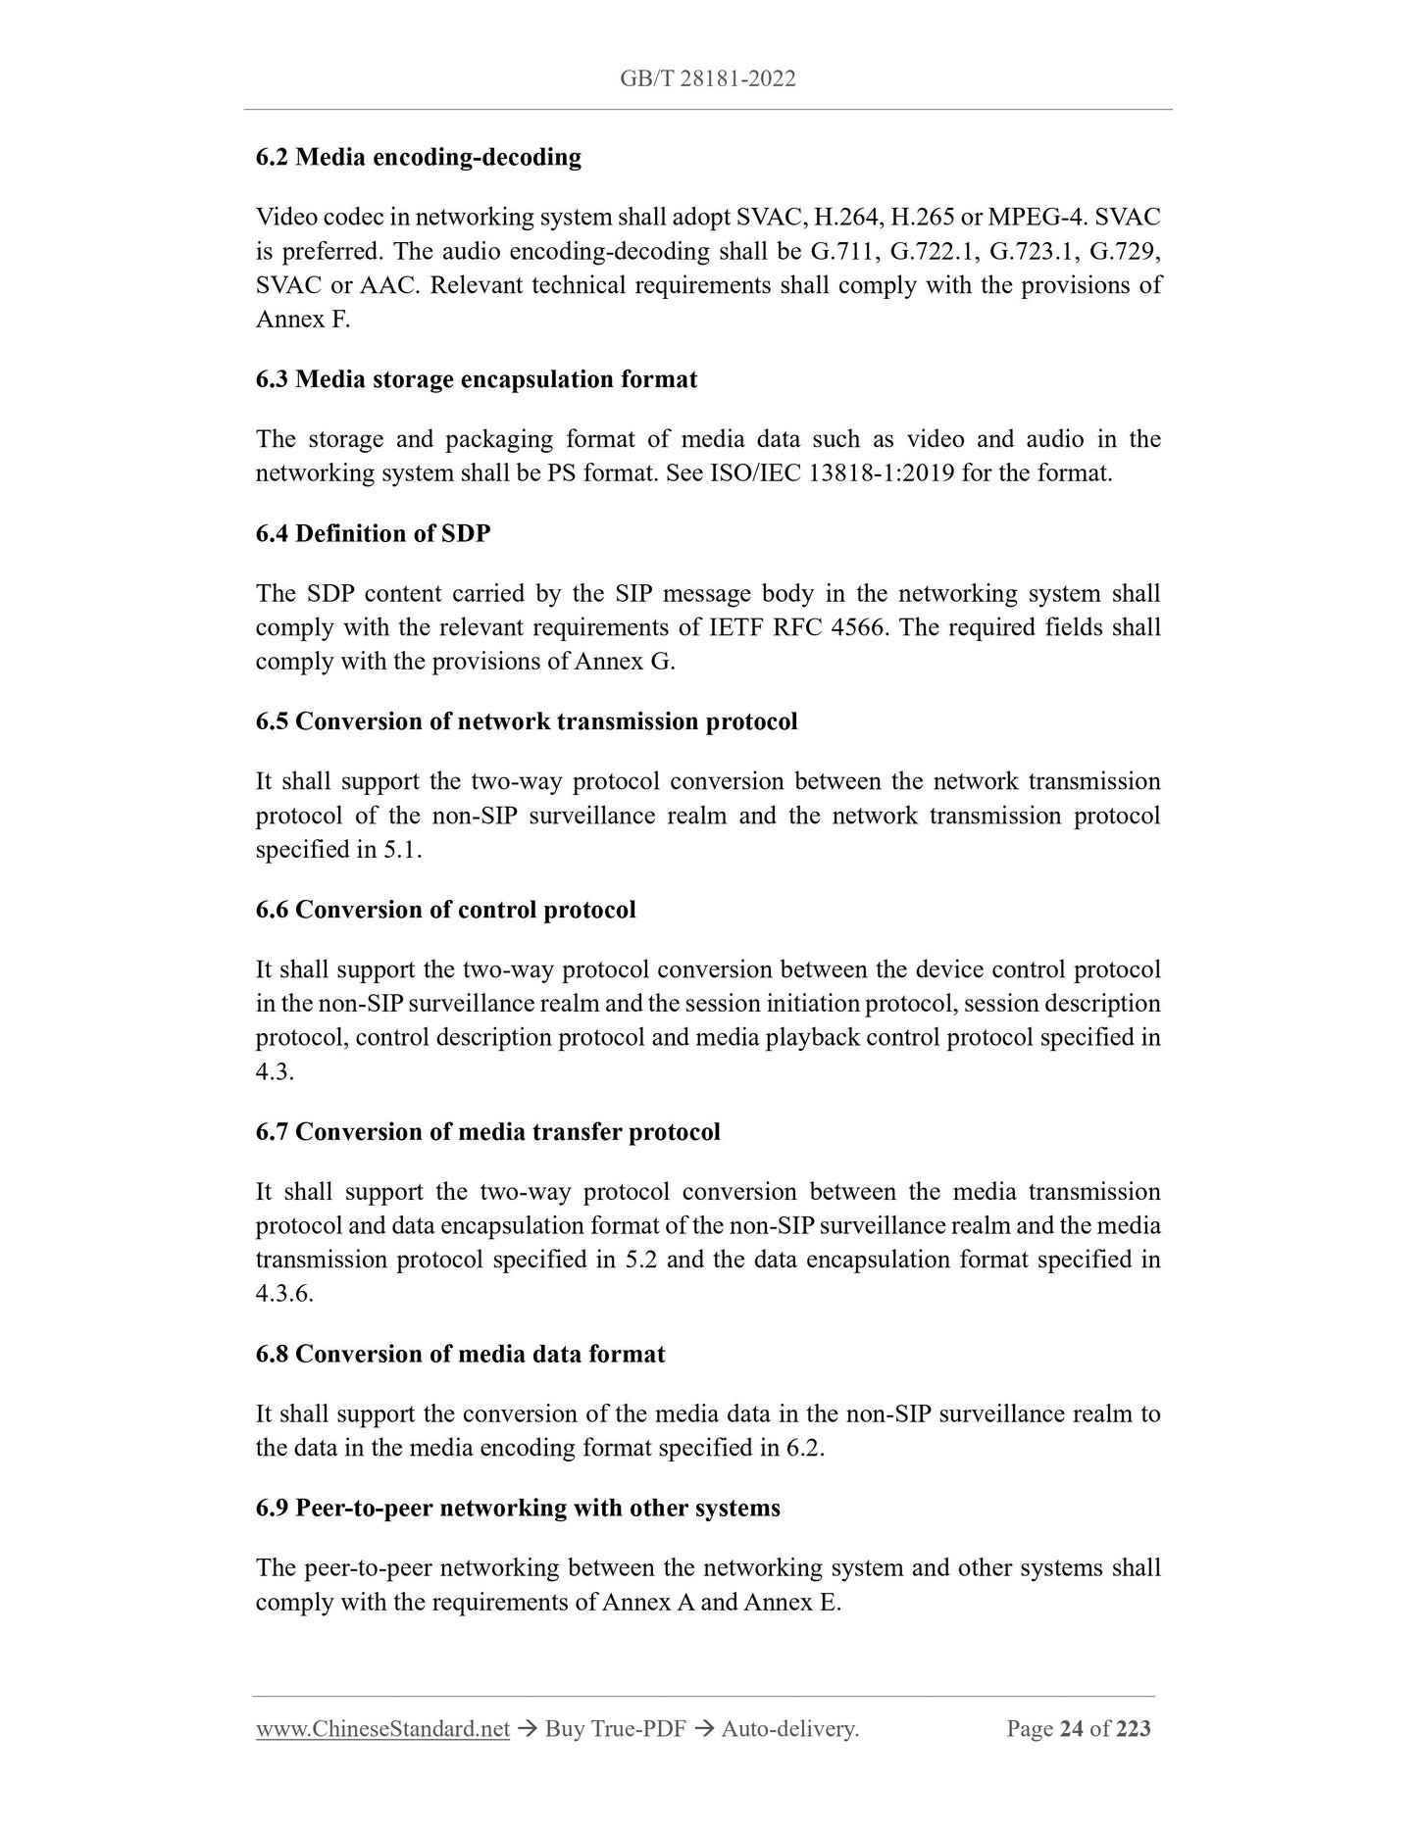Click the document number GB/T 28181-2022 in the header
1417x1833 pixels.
point(707,79)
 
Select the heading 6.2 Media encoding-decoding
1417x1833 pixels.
point(418,157)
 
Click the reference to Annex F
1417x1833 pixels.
point(302,320)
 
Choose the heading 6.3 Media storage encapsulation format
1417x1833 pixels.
point(477,379)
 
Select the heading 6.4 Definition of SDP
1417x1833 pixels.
point(373,533)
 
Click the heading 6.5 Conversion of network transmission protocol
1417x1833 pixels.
point(527,721)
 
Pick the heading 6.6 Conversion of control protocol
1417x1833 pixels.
point(445,910)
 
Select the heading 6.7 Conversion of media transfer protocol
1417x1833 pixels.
point(487,1132)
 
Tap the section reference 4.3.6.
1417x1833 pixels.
point(284,1294)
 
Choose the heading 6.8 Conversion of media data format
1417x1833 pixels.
point(460,1354)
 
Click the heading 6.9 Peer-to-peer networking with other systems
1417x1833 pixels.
point(518,1508)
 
